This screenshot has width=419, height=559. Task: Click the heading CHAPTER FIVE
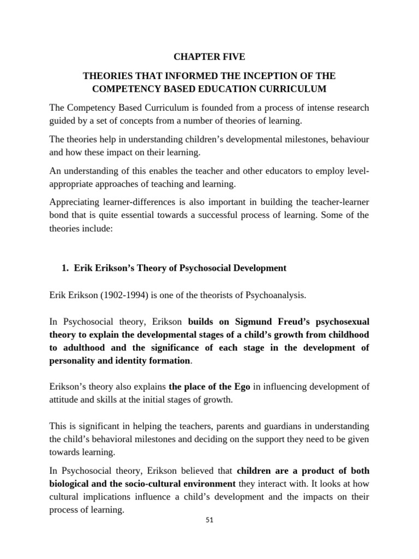click(209, 57)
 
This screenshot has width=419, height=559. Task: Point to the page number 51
click(209, 520)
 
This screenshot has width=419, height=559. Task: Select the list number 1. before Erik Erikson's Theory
click(65, 267)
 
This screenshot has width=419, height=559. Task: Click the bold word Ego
click(241, 386)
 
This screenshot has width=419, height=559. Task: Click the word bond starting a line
click(59, 215)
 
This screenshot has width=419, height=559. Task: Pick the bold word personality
click(71, 361)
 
